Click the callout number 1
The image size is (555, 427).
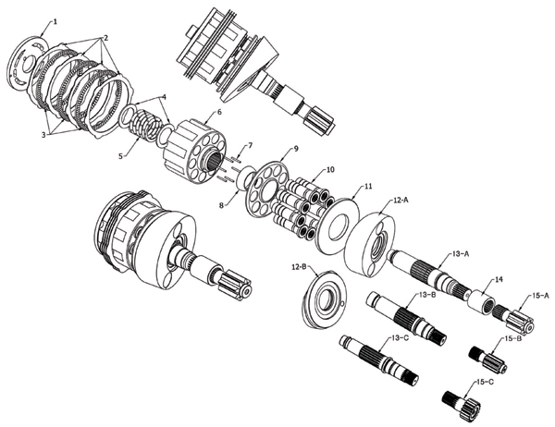click(x=55, y=21)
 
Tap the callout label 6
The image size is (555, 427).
click(x=219, y=112)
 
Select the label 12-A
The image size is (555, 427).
click(x=401, y=201)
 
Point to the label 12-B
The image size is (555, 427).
click(x=299, y=266)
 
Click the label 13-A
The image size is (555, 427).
click(x=461, y=254)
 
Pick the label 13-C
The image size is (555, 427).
click(x=401, y=338)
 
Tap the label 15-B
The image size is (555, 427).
click(x=512, y=338)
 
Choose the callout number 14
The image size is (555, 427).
click(x=499, y=279)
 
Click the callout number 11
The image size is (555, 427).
click(x=369, y=186)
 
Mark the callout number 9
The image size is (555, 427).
click(x=297, y=149)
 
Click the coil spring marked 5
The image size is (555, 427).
click(x=144, y=126)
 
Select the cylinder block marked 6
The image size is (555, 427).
click(x=194, y=151)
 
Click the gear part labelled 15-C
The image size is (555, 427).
click(x=462, y=405)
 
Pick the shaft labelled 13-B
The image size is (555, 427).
click(x=406, y=313)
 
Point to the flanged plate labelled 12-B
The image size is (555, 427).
click(x=324, y=299)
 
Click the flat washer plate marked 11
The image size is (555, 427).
click(x=338, y=226)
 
